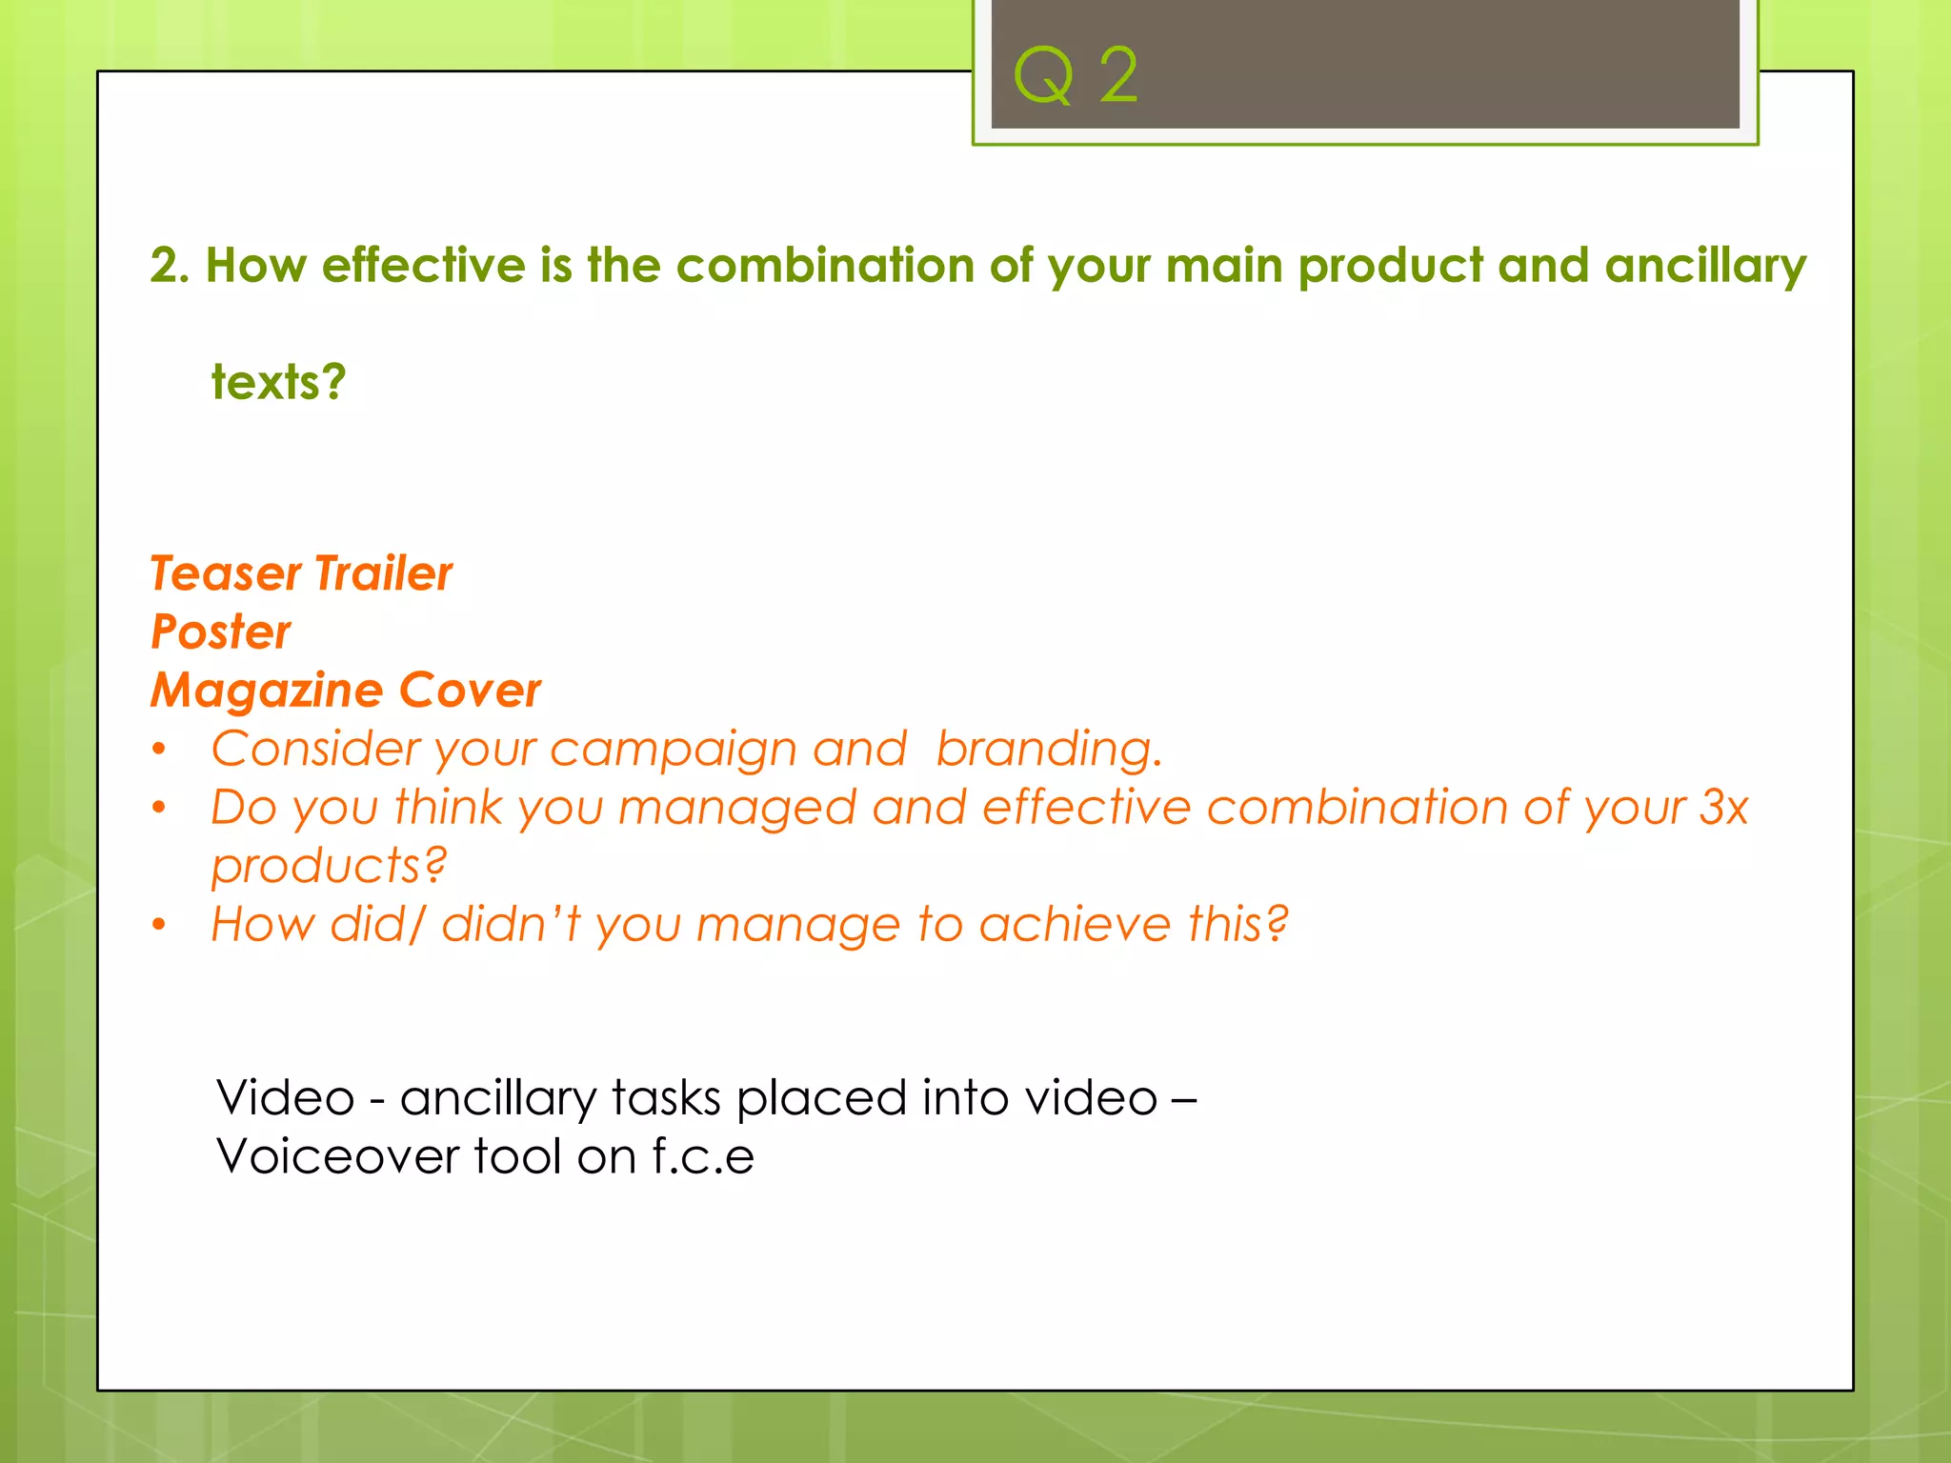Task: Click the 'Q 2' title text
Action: click(1076, 76)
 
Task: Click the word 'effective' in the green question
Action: click(423, 265)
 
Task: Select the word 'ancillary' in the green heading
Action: click(1704, 267)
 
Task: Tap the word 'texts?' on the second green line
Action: click(278, 383)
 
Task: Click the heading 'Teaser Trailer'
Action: click(301, 573)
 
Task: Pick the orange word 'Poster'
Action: click(221, 632)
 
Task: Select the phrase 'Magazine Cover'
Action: click(346, 691)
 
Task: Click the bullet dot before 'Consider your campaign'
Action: click(159, 750)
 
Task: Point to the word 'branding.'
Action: click(1049, 750)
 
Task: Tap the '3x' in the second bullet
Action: click(1723, 808)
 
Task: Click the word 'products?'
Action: click(329, 867)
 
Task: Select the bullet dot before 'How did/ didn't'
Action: click(159, 925)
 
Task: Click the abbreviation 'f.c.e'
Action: click(703, 1156)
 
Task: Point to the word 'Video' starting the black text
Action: click(285, 1097)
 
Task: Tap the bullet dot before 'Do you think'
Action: click(159, 808)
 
